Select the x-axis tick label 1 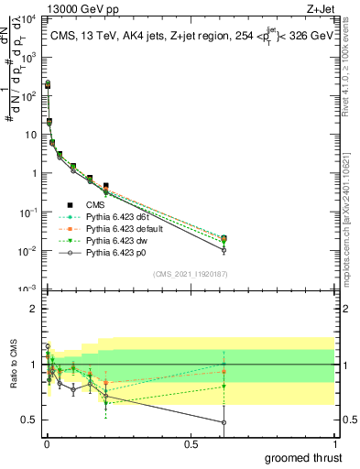point(333,442)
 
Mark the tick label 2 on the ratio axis point(34,310)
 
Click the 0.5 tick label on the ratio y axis point(30,420)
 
